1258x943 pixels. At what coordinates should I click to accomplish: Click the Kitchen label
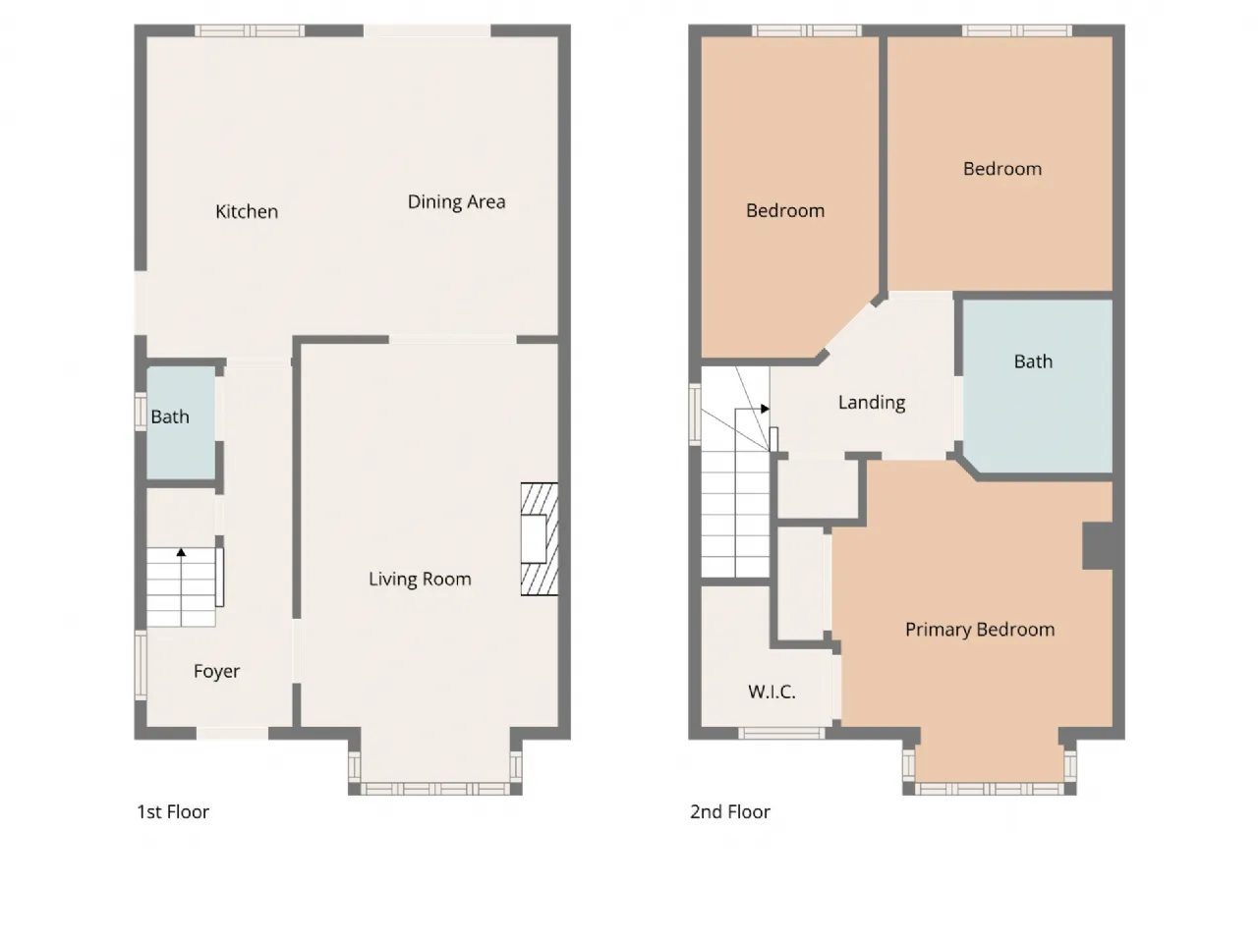coord(247,212)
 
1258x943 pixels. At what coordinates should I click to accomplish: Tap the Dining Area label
coord(456,202)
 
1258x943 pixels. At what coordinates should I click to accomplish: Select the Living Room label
coord(420,579)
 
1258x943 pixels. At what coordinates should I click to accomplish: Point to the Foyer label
coord(216,672)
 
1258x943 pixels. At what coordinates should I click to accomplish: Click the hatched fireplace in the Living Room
coord(540,539)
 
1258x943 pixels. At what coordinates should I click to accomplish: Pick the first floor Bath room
coord(181,422)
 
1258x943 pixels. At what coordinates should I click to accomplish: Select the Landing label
coord(872,403)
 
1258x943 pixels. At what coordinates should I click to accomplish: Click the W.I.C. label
coord(772,692)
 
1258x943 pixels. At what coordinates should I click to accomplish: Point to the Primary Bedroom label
coord(980,630)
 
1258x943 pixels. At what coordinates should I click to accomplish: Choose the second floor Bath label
coord(1033,361)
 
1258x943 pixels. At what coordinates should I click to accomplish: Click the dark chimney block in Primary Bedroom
coord(1098,545)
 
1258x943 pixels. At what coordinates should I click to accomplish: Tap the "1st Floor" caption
coord(173,812)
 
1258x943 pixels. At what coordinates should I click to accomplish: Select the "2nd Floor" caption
coord(729,812)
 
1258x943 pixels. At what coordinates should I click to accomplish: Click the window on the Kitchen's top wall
coord(250,30)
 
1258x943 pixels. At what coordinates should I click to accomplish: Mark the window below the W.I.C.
coord(781,734)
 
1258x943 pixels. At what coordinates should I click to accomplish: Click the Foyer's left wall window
coord(141,665)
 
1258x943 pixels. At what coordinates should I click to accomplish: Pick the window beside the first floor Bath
coord(141,412)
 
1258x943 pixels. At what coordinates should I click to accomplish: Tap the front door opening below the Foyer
coord(232,734)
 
